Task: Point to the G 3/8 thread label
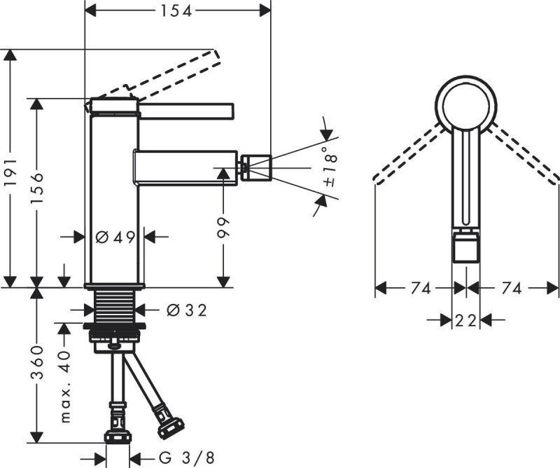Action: click(185, 457)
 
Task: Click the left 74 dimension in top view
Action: click(421, 288)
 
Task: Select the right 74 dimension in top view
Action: click(512, 288)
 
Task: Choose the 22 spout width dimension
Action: click(466, 320)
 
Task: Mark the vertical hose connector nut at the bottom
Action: click(118, 434)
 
